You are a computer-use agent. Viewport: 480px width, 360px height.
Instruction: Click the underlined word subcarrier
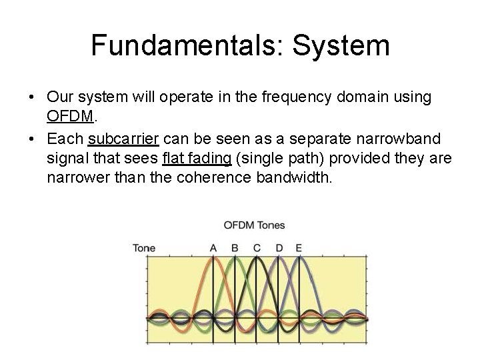(123, 139)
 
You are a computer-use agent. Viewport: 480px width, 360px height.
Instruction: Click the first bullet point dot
(32, 98)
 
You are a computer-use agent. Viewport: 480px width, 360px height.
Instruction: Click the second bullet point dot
(32, 139)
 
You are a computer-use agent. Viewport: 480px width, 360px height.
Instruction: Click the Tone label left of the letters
(144, 248)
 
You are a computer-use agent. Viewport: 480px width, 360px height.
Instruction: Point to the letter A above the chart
(213, 248)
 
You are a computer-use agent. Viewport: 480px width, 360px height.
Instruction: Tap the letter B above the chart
(235, 248)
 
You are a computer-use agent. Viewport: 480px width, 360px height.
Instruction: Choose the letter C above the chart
(256, 248)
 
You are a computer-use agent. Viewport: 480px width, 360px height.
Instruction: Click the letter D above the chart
(278, 248)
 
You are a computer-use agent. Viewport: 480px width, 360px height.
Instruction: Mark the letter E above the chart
(299, 248)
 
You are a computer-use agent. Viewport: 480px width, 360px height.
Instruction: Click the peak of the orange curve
(213, 260)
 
